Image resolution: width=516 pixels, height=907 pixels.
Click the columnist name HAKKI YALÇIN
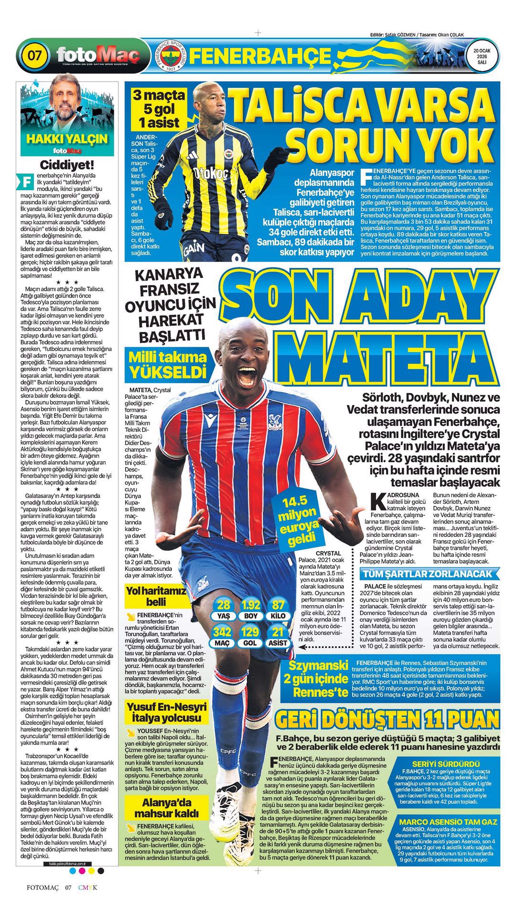click(x=67, y=139)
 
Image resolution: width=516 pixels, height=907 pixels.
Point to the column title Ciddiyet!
click(x=67, y=165)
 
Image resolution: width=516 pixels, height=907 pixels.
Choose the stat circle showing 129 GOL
click(x=250, y=637)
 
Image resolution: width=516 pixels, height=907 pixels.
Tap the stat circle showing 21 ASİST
click(x=278, y=637)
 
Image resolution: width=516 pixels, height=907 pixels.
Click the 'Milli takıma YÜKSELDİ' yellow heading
click(x=168, y=364)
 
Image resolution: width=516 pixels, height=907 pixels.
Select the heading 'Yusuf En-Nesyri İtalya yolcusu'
click(x=167, y=713)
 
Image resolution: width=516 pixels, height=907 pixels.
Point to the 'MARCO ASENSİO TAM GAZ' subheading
click(x=448, y=822)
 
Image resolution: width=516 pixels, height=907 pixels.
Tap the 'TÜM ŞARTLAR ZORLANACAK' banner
click(x=427, y=574)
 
